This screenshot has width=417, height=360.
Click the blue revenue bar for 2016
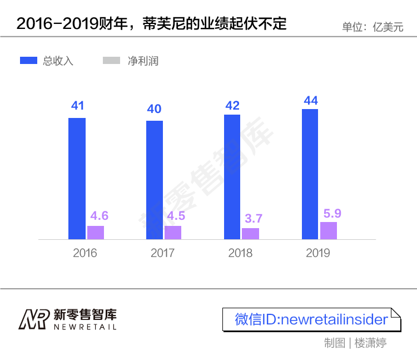77,178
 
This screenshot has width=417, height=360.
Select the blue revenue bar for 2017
155,180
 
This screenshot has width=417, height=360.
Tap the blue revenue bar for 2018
232,177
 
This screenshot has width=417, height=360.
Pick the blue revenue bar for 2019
310,174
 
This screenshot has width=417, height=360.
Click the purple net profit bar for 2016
96,233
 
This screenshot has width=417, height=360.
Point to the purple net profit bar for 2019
329,231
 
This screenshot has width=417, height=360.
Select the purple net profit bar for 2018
251,234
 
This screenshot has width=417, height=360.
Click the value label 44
311,101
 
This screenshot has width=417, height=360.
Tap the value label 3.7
252,219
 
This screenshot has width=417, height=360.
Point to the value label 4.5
173,216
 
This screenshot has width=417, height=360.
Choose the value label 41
77,106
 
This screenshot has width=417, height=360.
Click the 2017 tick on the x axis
162,253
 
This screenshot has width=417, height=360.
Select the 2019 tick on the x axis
318,253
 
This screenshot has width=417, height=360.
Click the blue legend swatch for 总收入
29,61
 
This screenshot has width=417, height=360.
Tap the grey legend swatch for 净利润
112,61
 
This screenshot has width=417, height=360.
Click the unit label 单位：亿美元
373,27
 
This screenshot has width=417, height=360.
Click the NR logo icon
34,319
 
